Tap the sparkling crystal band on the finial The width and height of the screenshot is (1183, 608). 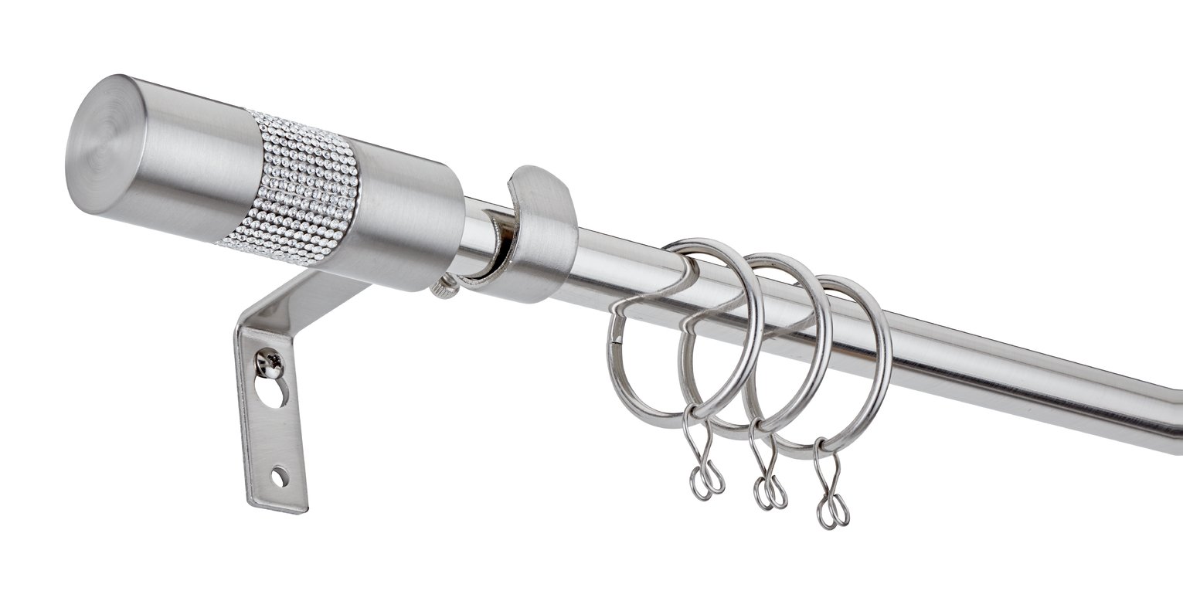coord(301,189)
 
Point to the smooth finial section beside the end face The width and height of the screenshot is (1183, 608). coord(197,166)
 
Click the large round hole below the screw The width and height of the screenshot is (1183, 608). coord(272,392)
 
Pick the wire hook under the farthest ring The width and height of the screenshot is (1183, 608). coord(831,494)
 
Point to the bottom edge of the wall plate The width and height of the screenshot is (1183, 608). coord(278,508)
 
